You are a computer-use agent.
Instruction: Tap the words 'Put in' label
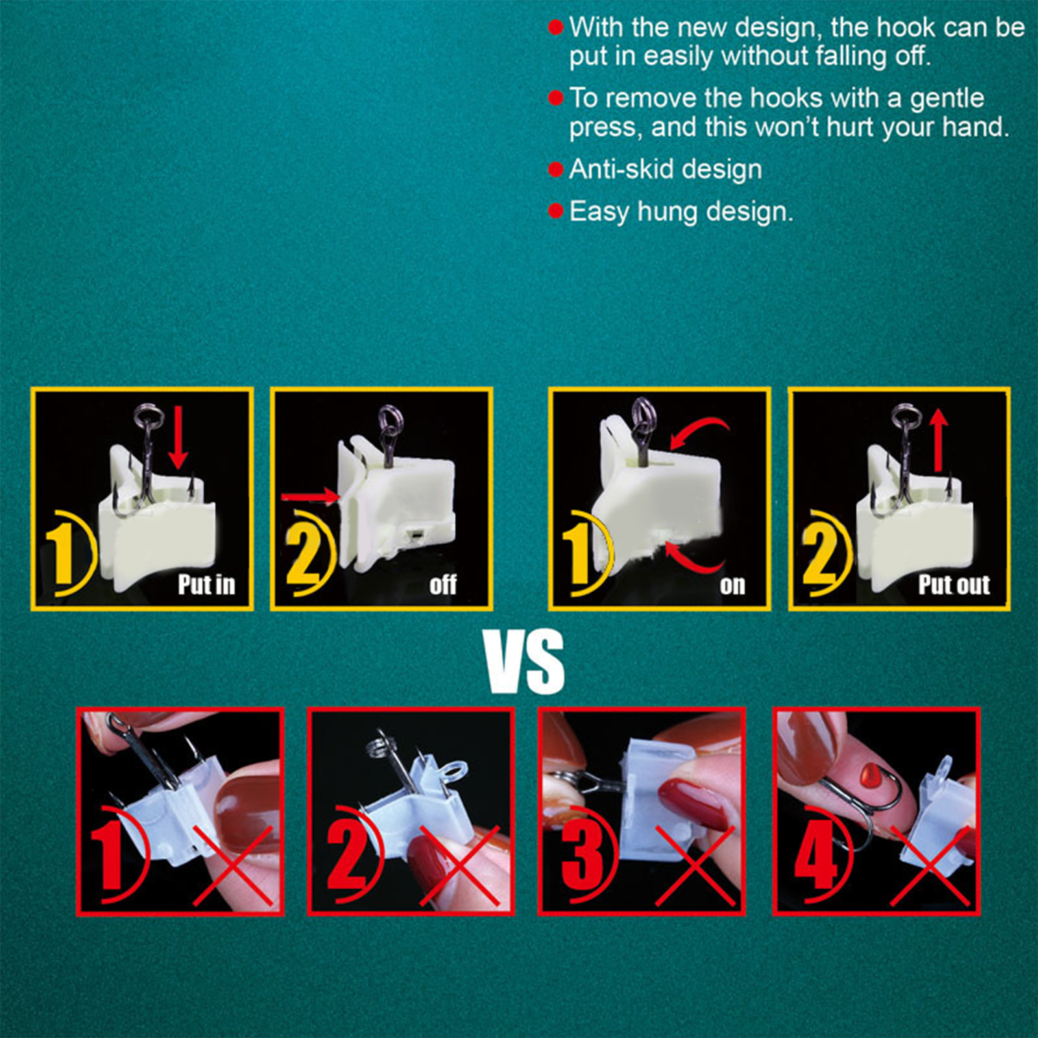pyautogui.click(x=206, y=585)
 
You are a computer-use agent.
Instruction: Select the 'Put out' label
pyautogui.click(x=954, y=585)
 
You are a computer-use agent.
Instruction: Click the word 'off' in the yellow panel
pyautogui.click(x=443, y=585)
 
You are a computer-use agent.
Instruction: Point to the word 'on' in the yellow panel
pyautogui.click(x=732, y=586)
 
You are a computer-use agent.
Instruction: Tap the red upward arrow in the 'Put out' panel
pyautogui.click(x=938, y=441)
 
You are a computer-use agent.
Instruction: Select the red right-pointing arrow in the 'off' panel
pyautogui.click(x=311, y=497)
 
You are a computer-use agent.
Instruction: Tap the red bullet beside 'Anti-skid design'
pyautogui.click(x=555, y=170)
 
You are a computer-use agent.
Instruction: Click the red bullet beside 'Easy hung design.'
pyautogui.click(x=555, y=211)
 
